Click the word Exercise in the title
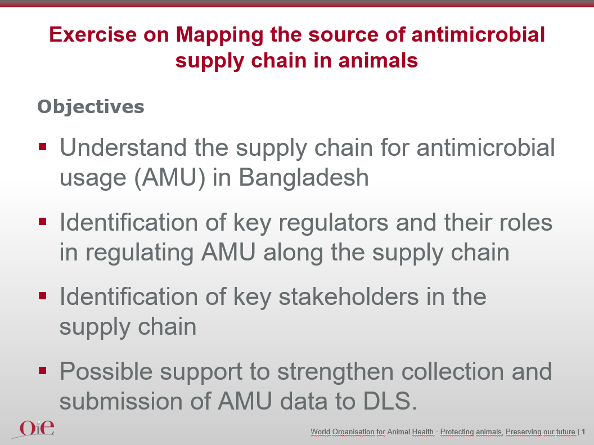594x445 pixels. (x=93, y=34)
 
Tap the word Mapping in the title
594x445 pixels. (x=219, y=35)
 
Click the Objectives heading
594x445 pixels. (x=91, y=107)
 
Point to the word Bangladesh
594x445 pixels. (x=304, y=178)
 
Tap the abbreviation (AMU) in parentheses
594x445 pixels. (x=170, y=178)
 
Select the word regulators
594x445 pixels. (x=334, y=223)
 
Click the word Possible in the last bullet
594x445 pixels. (x=106, y=371)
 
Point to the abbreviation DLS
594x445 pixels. (x=390, y=401)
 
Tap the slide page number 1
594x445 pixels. (x=583, y=431)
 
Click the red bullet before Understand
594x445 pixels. (x=42, y=147)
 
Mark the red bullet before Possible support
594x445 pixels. (x=42, y=370)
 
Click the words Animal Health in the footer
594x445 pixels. (x=410, y=431)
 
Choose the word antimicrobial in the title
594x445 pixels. (x=478, y=34)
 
